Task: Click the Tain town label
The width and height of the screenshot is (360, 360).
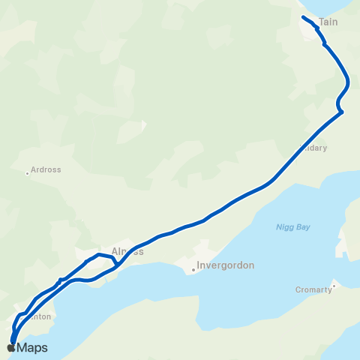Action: click(328, 22)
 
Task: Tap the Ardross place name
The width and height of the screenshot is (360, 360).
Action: click(46, 169)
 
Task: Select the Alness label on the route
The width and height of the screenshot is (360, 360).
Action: click(127, 252)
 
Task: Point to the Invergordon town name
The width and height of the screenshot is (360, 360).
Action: click(226, 265)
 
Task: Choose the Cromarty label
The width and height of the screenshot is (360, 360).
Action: click(313, 289)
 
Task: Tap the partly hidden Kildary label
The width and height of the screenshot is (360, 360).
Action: click(315, 148)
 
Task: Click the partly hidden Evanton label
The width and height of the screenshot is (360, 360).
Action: click(40, 316)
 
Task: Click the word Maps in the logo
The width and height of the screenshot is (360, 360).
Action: click(32, 348)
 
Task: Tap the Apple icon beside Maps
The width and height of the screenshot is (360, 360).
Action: click(11, 347)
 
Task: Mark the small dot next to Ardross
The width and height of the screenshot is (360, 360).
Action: click(28, 173)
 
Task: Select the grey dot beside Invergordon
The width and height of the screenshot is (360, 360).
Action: click(193, 270)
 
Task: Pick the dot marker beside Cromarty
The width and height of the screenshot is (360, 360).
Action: click(334, 284)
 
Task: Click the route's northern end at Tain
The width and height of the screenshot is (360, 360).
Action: click(303, 16)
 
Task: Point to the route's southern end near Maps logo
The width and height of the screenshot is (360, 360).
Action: click(13, 343)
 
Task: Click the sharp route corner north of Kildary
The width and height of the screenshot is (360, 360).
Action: click(341, 112)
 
